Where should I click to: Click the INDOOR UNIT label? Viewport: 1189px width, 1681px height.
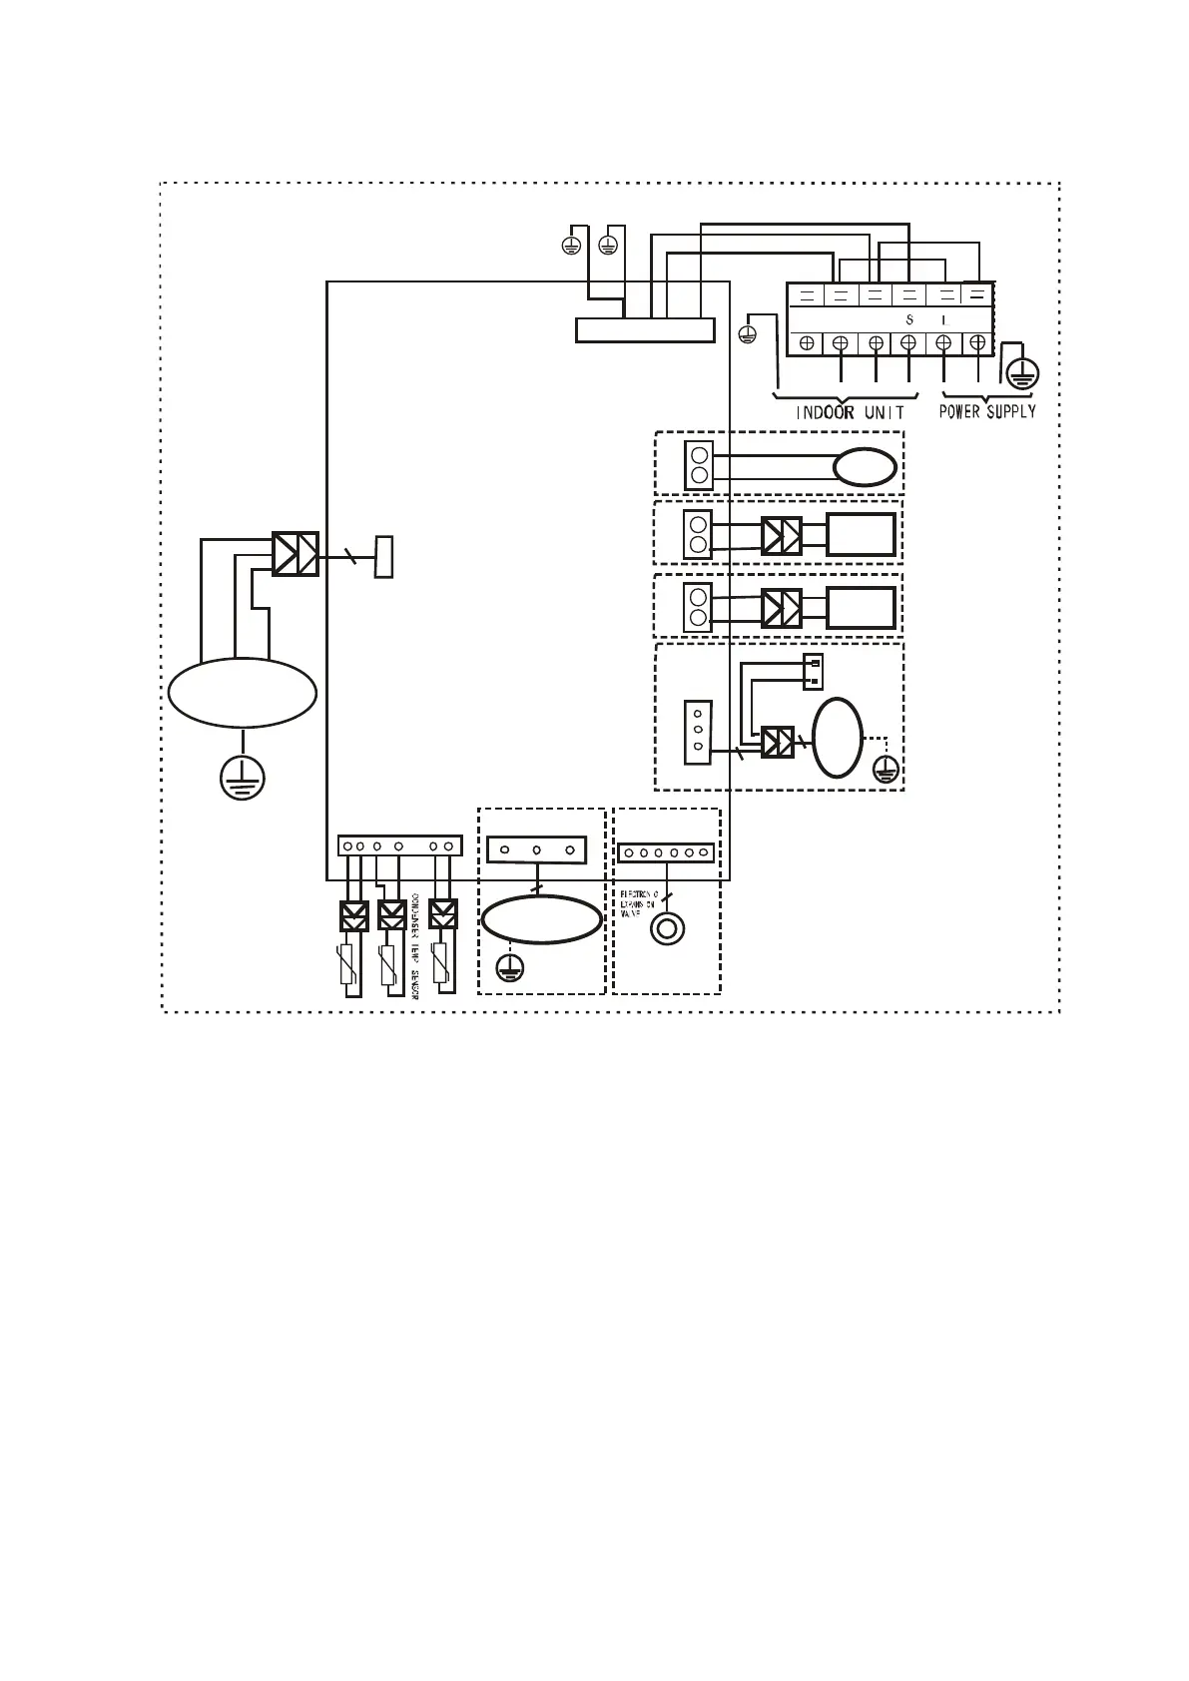tap(850, 412)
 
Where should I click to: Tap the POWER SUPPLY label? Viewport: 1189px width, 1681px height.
tap(986, 411)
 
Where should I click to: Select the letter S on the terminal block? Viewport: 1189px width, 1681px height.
tap(908, 320)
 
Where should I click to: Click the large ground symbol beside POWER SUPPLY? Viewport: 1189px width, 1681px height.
tap(1021, 373)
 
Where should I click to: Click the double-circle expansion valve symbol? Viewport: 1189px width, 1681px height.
tap(667, 929)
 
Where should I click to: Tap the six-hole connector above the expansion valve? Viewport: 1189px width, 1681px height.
tap(666, 852)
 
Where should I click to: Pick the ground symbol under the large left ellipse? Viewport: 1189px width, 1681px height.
tap(243, 777)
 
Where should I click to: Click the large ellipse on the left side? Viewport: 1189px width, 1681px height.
tap(243, 693)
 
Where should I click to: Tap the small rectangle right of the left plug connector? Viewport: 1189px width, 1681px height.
tap(383, 556)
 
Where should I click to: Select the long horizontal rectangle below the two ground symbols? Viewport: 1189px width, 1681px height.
tap(645, 329)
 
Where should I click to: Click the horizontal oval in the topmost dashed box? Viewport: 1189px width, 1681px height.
tap(865, 466)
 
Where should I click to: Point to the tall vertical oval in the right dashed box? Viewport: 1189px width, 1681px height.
tap(838, 737)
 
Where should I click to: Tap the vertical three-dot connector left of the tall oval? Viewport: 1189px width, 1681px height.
tap(697, 732)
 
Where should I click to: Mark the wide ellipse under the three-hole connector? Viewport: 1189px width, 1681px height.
tap(541, 919)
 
